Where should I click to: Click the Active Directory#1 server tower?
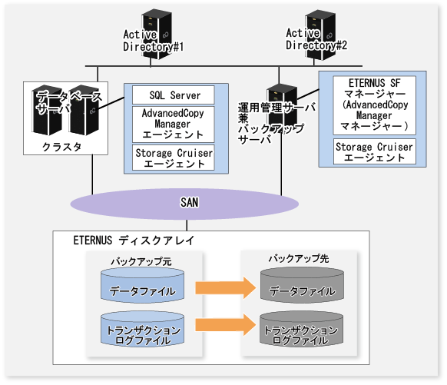pos(157,35)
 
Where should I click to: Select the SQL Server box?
pos(174,95)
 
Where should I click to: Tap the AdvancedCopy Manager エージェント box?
pos(174,124)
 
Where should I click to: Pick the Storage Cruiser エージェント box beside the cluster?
pos(174,158)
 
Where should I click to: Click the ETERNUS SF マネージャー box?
pos(375,105)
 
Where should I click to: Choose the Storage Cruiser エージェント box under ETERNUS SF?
pos(375,151)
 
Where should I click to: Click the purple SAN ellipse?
pos(184,204)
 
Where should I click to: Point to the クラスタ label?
pos(62,147)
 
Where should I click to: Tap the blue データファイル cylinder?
pos(143,285)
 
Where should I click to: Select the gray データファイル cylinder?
pos(302,285)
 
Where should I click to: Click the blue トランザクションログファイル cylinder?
pos(143,329)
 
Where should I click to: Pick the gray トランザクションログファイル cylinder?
pos(302,329)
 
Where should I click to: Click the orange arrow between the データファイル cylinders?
pos(226,287)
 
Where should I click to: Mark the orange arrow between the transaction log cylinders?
pos(226,324)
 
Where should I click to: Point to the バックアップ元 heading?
pos(141,261)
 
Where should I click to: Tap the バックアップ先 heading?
pos(299,258)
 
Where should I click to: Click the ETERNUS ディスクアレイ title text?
pos(134,241)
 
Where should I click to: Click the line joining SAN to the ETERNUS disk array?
pos(187,225)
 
